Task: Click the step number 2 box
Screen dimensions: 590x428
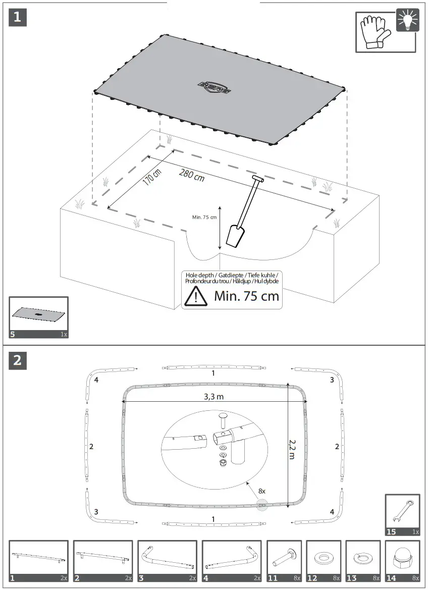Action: [x=18, y=360]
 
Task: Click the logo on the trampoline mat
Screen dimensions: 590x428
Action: [x=214, y=87]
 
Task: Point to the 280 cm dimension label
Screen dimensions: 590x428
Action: [x=192, y=175]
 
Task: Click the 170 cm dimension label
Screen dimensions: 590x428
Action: [x=151, y=176]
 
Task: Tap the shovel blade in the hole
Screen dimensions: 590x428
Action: [x=235, y=236]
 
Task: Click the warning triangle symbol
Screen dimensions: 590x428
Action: [x=195, y=296]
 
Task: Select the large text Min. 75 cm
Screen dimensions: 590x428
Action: [x=246, y=296]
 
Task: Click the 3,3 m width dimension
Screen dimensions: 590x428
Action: [x=213, y=397]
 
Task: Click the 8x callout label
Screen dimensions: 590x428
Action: [x=261, y=490]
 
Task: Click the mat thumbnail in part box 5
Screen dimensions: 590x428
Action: [x=38, y=314]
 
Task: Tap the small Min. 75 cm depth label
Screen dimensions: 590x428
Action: [x=204, y=218]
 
